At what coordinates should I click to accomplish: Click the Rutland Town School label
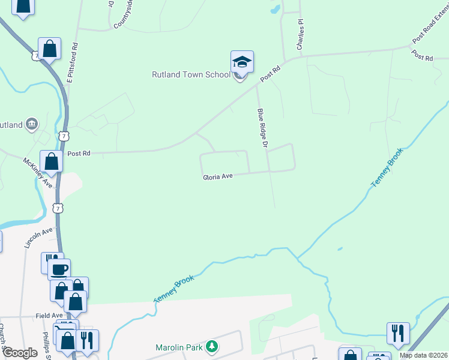coord(191,74)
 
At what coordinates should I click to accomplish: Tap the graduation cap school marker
coord(242,62)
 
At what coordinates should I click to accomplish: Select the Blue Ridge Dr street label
coord(262,128)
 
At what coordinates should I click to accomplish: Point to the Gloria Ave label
coord(217,177)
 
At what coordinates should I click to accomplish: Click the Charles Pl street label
coord(300,34)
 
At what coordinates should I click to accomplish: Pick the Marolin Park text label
coord(179,347)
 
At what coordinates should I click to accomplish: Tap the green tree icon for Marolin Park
coord(211,346)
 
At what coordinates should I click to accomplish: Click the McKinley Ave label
coord(38,172)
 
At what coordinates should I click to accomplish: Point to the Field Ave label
coord(49,315)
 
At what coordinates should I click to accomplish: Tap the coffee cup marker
coord(59,269)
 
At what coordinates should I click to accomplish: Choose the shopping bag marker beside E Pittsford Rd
coord(50,49)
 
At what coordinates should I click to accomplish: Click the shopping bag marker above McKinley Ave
coord(52,161)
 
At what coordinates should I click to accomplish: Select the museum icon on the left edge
coord(32,124)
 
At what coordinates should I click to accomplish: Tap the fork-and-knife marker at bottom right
coord(398,332)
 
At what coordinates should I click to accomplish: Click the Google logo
coord(20,353)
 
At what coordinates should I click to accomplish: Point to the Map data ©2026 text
coord(423,355)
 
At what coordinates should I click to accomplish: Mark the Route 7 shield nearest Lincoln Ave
coord(56,208)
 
